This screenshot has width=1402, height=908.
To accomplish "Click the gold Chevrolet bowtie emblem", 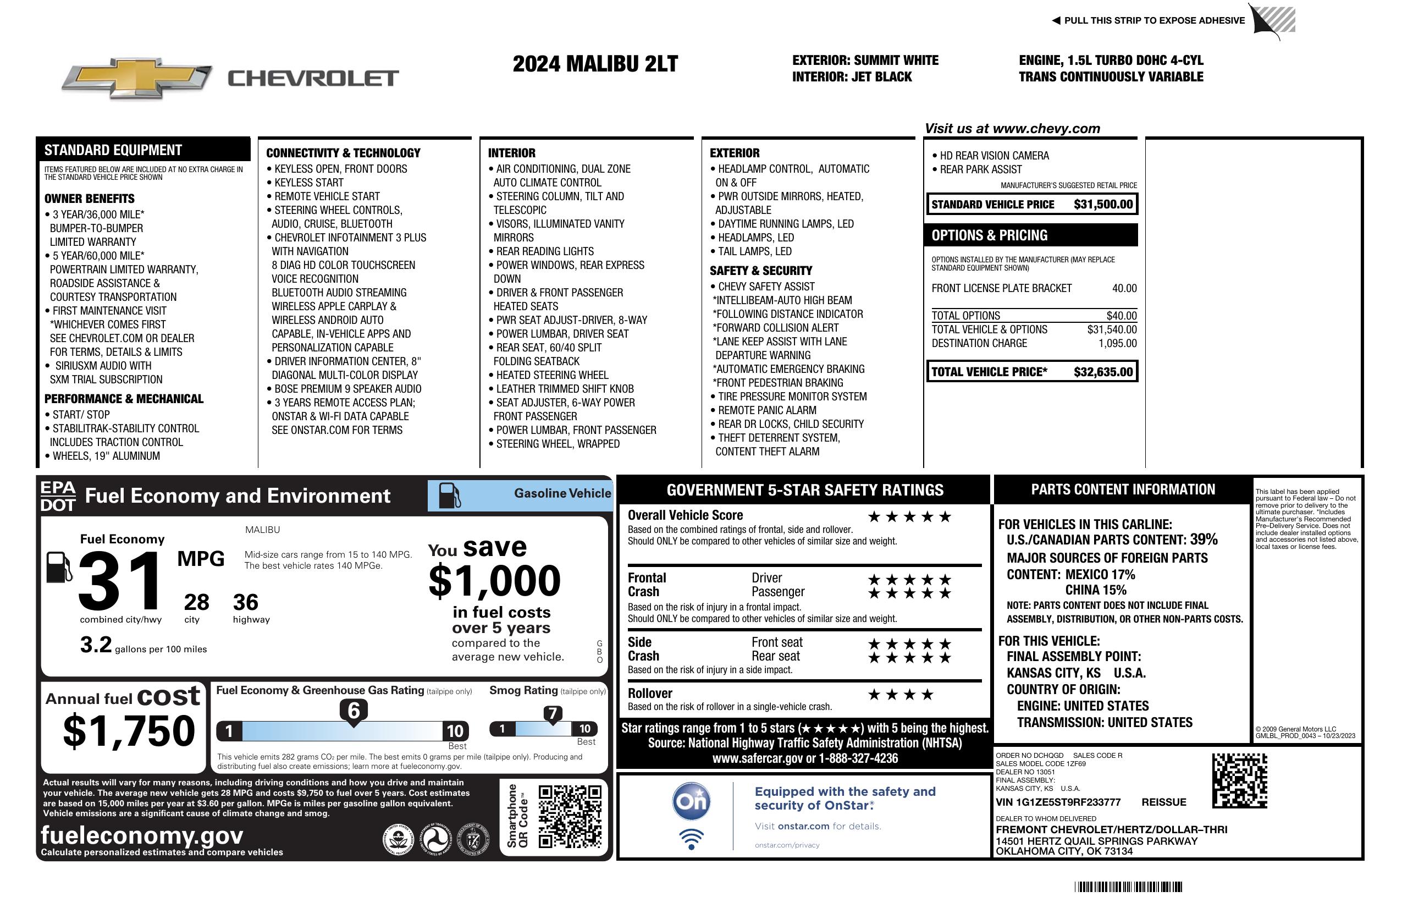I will [137, 78].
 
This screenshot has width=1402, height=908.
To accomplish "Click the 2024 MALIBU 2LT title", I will [595, 64].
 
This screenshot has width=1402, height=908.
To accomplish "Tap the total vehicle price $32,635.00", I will [1103, 372].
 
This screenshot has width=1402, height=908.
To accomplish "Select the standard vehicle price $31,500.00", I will [1103, 205].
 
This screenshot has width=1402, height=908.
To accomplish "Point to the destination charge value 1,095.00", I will [1117, 344].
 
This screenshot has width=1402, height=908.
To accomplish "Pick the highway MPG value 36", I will [245, 602].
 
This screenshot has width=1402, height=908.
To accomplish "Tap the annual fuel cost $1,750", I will [129, 731].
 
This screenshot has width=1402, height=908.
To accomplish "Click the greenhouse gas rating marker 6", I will [354, 711].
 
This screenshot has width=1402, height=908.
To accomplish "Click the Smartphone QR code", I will [570, 816].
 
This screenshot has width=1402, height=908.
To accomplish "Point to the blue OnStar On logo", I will [691, 801].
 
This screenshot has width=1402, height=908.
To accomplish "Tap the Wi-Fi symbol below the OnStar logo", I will [691, 839].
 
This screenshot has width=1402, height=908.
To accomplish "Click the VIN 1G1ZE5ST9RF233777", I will [1058, 802].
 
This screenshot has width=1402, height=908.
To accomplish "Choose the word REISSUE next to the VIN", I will [1163, 802].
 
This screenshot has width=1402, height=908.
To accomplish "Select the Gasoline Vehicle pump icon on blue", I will [450, 495].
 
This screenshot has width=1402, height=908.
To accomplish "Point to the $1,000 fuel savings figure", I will [494, 581].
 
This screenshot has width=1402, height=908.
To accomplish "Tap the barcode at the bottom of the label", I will [1128, 887].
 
